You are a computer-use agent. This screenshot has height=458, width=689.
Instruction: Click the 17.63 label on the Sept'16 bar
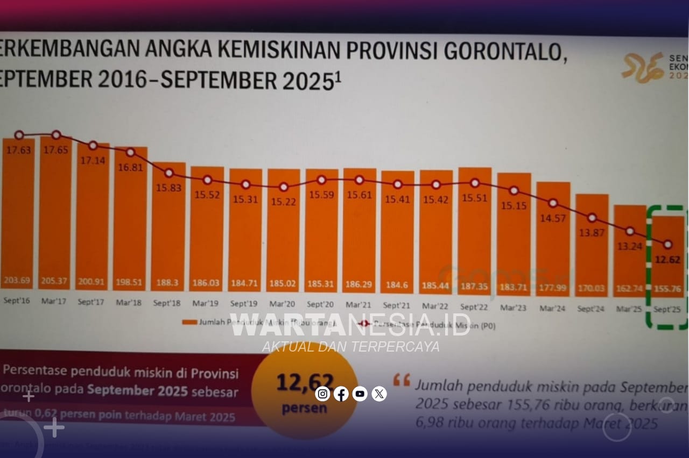pos(18,150)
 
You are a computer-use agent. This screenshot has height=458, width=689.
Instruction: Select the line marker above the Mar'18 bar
pos(130,152)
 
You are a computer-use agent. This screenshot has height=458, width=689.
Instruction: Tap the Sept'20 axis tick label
pos(321,306)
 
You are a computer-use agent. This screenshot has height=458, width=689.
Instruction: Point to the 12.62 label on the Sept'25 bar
pos(667,261)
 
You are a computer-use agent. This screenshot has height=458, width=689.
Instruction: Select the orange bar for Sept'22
pos(475,231)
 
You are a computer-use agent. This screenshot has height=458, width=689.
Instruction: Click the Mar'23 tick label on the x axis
pos(513,307)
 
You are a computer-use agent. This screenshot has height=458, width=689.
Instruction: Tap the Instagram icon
pos(322,394)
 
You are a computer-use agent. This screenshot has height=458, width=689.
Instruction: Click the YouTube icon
pos(360,394)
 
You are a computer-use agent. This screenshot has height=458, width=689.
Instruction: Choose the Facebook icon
pos(341,394)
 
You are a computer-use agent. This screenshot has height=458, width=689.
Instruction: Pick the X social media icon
pos(379,394)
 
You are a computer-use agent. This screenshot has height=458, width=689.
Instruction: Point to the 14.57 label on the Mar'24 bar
pos(553,219)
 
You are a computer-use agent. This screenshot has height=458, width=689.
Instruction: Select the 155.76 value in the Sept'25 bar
pos(667,289)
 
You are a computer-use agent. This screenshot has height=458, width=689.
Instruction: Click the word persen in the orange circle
pos(304,408)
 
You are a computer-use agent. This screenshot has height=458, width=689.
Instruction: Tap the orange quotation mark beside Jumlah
pos(402,380)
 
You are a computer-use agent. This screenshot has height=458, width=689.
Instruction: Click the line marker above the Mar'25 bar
pos(630,231)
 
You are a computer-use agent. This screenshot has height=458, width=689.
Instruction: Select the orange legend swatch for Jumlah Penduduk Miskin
pos(189,323)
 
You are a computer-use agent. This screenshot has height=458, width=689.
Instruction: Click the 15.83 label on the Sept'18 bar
pos(168,188)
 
